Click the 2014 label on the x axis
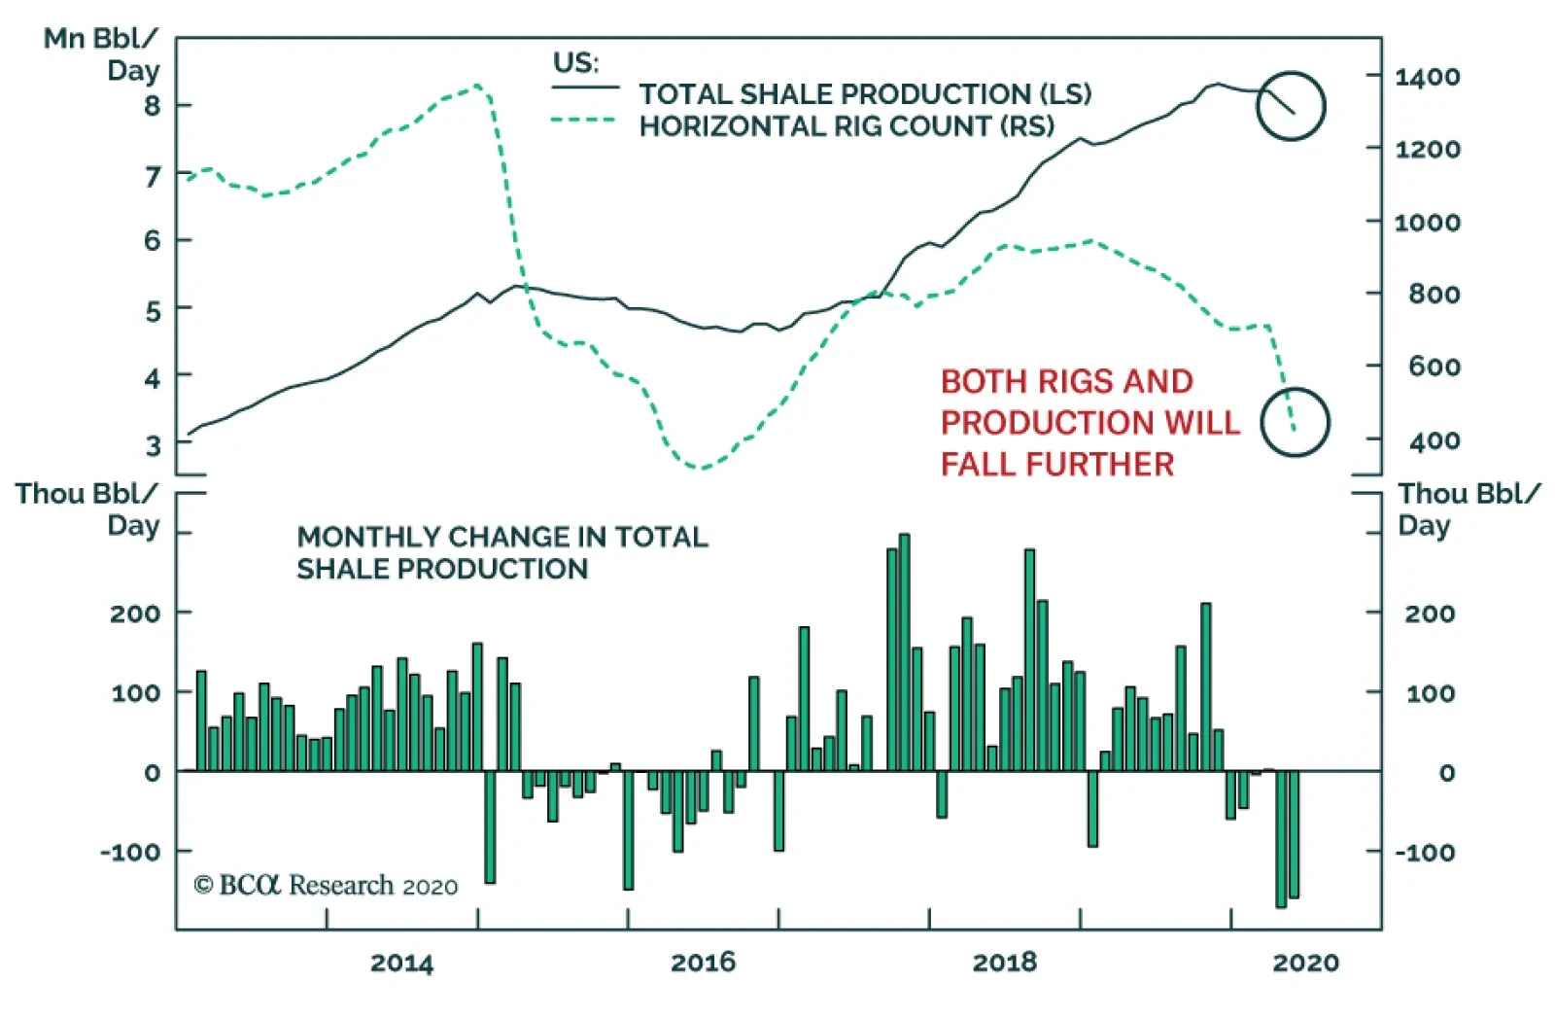[x=401, y=963]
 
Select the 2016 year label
[x=703, y=963]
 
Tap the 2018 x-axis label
[x=1004, y=963]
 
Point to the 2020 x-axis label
[x=1305, y=963]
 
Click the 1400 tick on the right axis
[x=1427, y=76]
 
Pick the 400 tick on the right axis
[x=1434, y=440]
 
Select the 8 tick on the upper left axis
[x=153, y=105]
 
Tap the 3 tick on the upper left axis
[x=153, y=445]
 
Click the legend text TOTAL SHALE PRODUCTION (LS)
[x=865, y=93]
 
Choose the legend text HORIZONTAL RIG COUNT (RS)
[x=847, y=126]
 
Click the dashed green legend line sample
[x=584, y=121]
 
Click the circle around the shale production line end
[x=1290, y=105]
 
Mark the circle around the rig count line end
[x=1295, y=422]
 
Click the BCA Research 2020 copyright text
[x=326, y=885]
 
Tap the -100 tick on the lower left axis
[x=130, y=852]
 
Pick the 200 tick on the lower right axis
[x=1429, y=614]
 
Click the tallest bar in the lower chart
[x=904, y=651]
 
